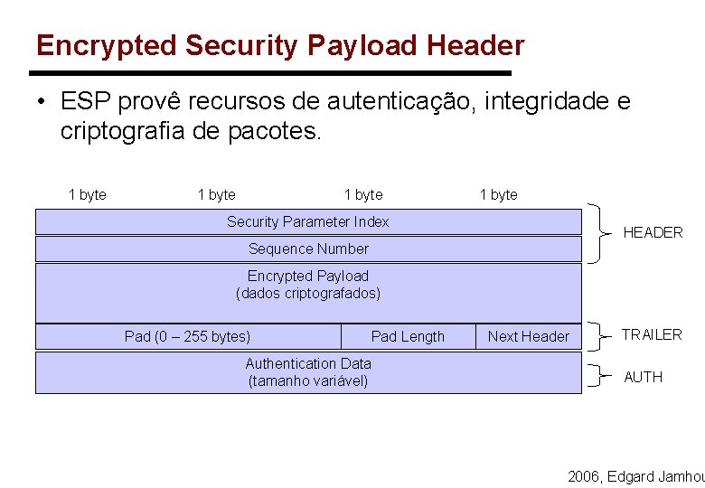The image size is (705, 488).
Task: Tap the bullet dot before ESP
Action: pyautogui.click(x=42, y=103)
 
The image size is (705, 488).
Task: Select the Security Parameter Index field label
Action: pyautogui.click(x=307, y=221)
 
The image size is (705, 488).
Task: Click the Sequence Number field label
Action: pyautogui.click(x=308, y=249)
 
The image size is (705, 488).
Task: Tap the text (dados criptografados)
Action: pyautogui.click(x=308, y=293)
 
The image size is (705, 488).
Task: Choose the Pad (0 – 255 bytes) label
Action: pyautogui.click(x=187, y=336)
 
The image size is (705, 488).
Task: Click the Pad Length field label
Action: pyautogui.click(x=408, y=336)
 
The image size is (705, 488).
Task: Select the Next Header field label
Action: pyautogui.click(x=529, y=336)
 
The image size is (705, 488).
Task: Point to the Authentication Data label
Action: pyautogui.click(x=308, y=363)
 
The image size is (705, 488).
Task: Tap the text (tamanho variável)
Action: pyautogui.click(x=308, y=380)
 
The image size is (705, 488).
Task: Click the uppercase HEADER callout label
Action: pyautogui.click(x=653, y=232)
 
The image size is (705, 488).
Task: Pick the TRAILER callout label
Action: pyautogui.click(x=651, y=334)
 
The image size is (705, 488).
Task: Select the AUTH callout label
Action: pyautogui.click(x=643, y=377)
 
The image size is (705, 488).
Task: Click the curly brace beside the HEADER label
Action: pyautogui.click(x=599, y=232)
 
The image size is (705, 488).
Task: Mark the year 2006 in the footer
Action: pyautogui.click(x=583, y=476)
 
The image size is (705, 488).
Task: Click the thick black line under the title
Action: pyautogui.click(x=271, y=73)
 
